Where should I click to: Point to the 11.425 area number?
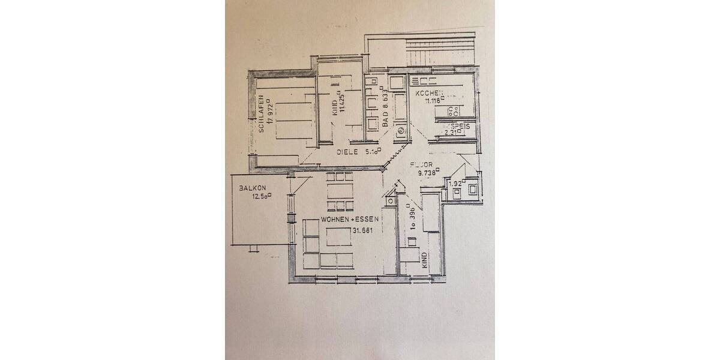342,103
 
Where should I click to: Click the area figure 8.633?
387,100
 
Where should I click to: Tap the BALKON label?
252,188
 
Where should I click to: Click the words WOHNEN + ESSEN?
350,221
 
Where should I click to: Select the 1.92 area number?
456,184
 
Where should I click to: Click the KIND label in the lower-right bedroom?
424,260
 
